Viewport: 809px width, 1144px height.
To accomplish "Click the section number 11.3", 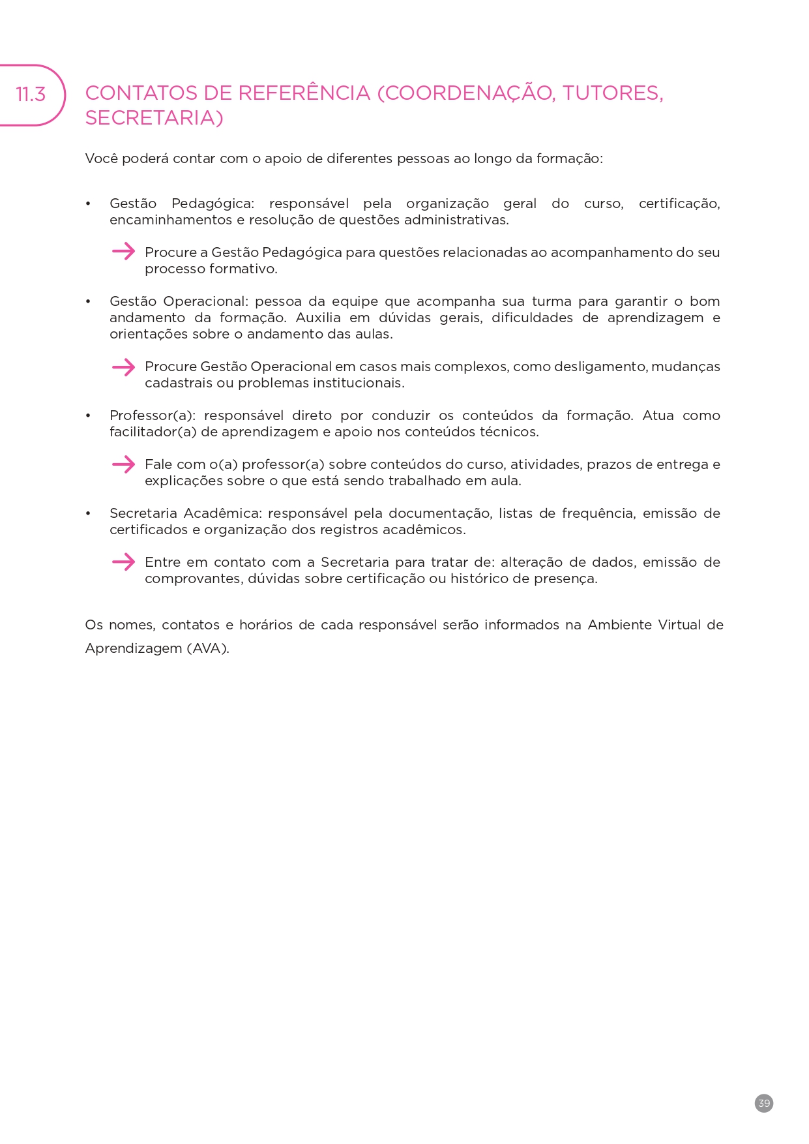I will tap(31, 95).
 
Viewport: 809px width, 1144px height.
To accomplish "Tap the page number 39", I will tap(764, 1103).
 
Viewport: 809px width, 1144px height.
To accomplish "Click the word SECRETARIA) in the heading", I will tap(154, 118).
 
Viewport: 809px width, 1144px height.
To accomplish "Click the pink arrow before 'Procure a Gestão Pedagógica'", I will tap(123, 251).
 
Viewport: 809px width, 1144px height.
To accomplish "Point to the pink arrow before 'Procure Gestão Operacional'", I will tap(123, 367).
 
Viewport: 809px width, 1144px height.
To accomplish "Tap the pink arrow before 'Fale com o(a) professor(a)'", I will tap(123, 464).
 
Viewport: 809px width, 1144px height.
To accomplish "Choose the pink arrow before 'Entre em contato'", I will tap(123, 562).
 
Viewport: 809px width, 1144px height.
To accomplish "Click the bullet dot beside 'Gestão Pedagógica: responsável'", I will tap(88, 204).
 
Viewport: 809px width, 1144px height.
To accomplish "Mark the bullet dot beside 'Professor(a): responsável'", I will tap(88, 416).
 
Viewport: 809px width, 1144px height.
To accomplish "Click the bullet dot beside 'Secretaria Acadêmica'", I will tap(88, 514).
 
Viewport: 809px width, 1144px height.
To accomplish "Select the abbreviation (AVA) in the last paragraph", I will tap(208, 648).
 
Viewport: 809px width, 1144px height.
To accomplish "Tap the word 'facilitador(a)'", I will tap(153, 432).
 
